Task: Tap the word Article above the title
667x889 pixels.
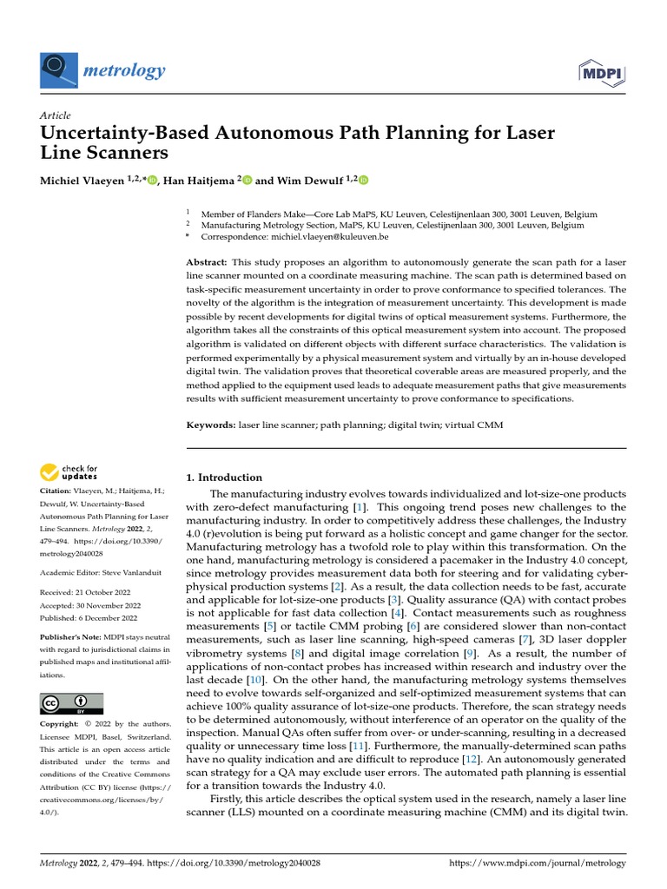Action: coord(56,116)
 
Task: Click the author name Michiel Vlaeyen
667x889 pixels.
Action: coord(83,181)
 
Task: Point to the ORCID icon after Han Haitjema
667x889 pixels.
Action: coord(248,181)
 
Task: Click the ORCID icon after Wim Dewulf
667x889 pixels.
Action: coord(363,181)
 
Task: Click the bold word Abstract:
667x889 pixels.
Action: coord(208,262)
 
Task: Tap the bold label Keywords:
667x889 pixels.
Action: coord(212,426)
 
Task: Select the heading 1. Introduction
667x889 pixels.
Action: coord(225,477)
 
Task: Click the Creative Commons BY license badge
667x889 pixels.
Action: coord(72,703)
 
